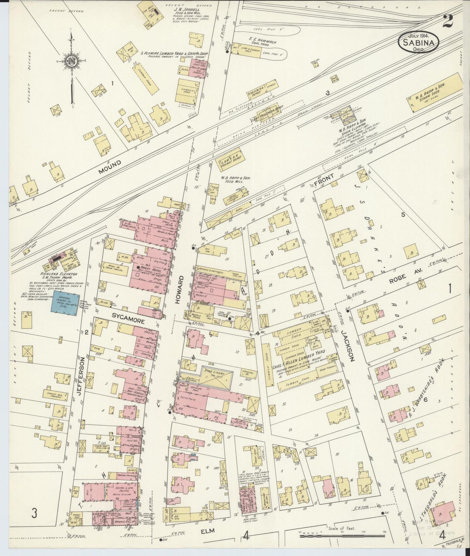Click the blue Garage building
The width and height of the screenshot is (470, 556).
pos(64,304)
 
